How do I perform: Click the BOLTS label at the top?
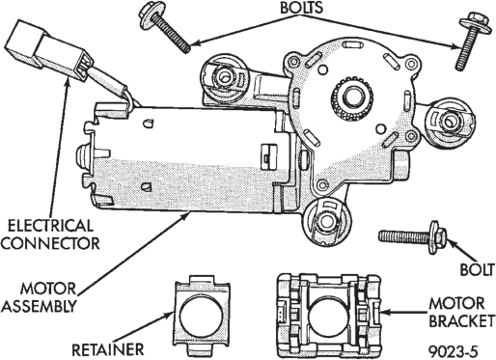click(x=301, y=8)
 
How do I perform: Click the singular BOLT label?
click(x=477, y=269)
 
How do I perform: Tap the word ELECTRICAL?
click(x=50, y=226)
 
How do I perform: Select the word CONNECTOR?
click(x=50, y=243)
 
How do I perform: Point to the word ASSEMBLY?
click(x=39, y=306)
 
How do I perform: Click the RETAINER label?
click(x=107, y=350)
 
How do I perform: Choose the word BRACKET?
click(x=461, y=320)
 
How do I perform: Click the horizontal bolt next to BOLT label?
click(x=413, y=237)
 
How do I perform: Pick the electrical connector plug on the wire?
click(x=49, y=51)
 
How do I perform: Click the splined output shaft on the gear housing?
click(x=353, y=98)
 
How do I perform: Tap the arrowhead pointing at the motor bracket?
click(x=386, y=312)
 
